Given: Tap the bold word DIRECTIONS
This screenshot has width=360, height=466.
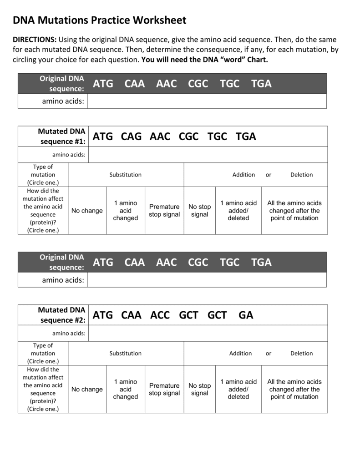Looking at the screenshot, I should coord(35,40).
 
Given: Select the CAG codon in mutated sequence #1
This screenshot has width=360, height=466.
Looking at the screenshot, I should coord(131,137).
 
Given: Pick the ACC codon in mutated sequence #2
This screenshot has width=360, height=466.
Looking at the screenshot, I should coord(160,315).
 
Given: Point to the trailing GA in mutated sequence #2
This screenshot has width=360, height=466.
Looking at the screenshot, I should coord(246,315).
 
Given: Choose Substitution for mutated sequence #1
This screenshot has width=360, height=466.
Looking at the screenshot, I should coord(126,175).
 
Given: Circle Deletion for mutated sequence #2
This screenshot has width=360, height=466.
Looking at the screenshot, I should coord(302,353).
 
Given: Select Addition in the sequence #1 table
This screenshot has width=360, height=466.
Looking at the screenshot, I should coord(243,175).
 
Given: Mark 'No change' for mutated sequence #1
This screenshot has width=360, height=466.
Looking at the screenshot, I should coord(87,211).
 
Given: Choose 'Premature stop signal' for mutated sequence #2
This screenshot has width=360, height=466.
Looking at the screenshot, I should coord(164,390).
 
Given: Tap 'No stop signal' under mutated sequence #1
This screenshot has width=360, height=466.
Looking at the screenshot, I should coord(200,211).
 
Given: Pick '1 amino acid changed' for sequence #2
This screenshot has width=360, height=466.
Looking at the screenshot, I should coord(126,390).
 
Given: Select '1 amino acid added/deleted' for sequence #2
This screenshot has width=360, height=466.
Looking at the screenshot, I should coord(238,390).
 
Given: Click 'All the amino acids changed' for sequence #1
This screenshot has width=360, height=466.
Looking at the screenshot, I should coord(294,211).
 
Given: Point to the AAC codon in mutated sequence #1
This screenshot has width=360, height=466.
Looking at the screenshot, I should coord(159,137).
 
